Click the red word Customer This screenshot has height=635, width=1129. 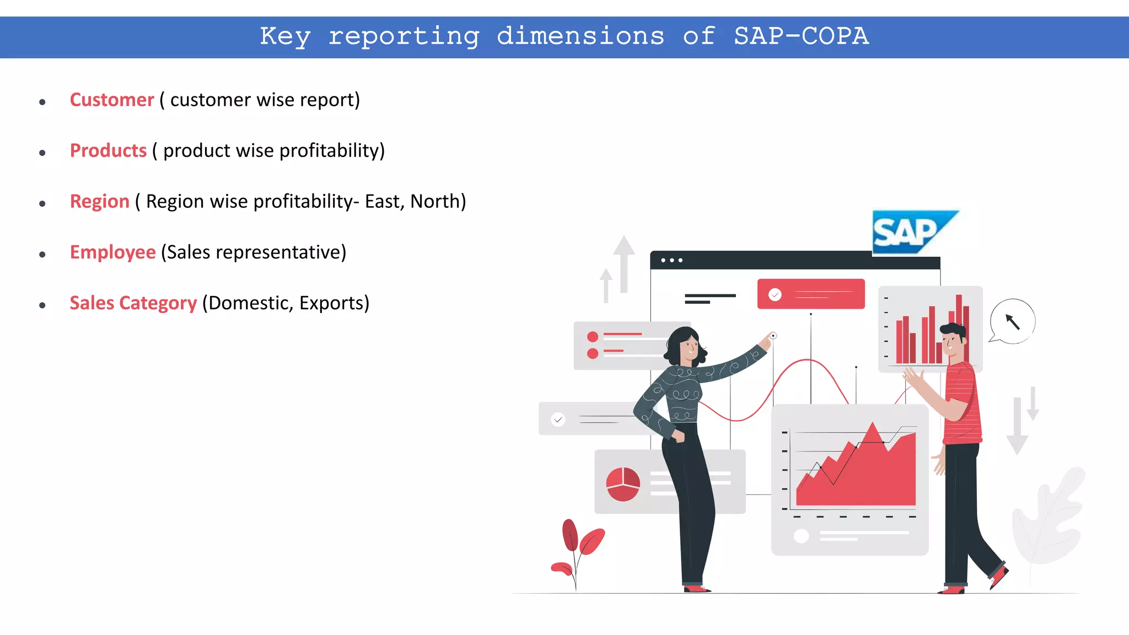pos(112,100)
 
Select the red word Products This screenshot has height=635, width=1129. pos(108,151)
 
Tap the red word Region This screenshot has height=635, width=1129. pos(99,202)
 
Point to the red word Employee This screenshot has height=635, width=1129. pos(112,252)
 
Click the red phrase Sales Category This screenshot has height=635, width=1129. pos(133,303)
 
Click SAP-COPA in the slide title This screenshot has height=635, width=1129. pos(801,37)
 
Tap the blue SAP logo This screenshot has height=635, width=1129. pos(910,232)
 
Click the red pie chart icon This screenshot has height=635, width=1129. pos(623,484)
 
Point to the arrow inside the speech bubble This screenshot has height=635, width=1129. pos(1013,321)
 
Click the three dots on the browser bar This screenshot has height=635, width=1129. pos(671,260)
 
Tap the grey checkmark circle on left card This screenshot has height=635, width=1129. pos(558,420)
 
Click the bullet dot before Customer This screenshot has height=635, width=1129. pos(42,102)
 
